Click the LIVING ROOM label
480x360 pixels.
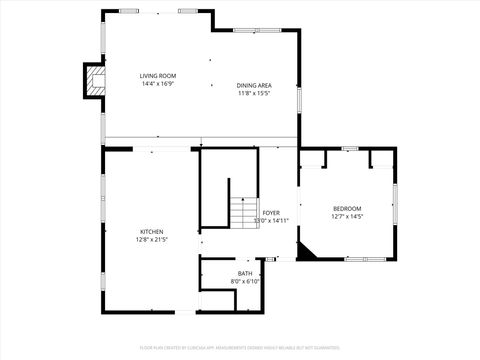click(158, 76)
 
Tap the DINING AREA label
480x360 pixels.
click(254, 85)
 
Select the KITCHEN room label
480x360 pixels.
click(152, 232)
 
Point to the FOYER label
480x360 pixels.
click(271, 213)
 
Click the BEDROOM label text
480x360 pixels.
click(348, 208)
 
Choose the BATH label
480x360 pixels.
click(245, 273)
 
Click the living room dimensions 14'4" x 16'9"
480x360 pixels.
click(158, 84)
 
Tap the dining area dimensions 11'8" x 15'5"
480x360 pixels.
click(254, 93)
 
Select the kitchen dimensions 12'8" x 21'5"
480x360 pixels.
click(152, 240)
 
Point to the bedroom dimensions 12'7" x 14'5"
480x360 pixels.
click(348, 216)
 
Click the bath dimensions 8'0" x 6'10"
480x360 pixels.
click(245, 281)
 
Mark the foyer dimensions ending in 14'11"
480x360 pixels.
click(271, 221)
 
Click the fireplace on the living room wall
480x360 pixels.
click(94, 81)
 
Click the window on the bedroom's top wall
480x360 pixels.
click(349, 148)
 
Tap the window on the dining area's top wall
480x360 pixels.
click(248, 29)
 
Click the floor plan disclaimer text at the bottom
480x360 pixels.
click(240, 349)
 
